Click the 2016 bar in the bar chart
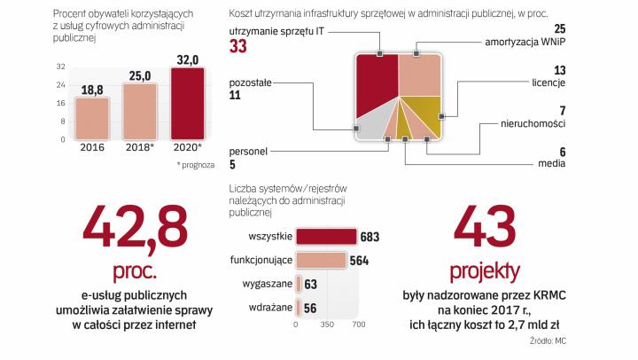click(91, 119)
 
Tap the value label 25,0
click(139, 76)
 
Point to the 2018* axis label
click(139, 147)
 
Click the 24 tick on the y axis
click(61, 85)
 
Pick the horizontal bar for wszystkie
click(326, 237)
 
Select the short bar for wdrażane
click(298, 308)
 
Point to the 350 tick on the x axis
click(326, 325)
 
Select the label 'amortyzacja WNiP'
click(525, 42)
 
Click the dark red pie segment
click(373, 89)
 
